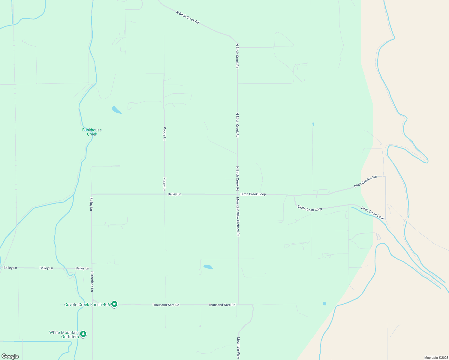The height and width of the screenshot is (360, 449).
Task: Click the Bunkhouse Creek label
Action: click(x=92, y=132)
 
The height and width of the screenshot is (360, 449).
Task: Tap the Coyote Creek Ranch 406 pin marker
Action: click(x=114, y=304)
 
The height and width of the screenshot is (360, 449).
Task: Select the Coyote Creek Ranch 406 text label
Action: click(x=87, y=305)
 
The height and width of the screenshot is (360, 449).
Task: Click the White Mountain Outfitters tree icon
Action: click(x=83, y=334)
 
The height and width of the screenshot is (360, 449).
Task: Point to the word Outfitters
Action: click(x=70, y=337)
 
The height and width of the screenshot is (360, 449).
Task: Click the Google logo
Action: click(x=10, y=356)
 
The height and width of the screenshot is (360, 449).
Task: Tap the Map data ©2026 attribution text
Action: click(x=436, y=358)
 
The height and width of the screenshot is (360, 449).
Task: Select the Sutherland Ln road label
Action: click(x=92, y=282)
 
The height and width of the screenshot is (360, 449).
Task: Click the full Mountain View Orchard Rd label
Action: click(x=238, y=217)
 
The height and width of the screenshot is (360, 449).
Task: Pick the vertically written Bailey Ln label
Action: click(x=91, y=204)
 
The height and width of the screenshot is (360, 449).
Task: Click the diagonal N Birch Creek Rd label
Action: click(x=188, y=17)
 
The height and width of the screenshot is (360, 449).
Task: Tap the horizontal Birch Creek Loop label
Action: click(x=253, y=194)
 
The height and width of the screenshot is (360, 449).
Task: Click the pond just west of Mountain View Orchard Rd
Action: click(x=208, y=267)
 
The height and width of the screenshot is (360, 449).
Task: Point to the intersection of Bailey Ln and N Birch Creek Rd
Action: click(x=238, y=194)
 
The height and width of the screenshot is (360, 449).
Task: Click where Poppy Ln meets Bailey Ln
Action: click(x=164, y=194)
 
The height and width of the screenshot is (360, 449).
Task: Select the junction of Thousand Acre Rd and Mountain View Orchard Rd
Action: click(x=238, y=304)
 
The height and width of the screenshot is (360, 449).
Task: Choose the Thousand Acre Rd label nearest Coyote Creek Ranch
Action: click(x=165, y=305)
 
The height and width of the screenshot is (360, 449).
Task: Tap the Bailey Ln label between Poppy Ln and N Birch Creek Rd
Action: click(x=174, y=194)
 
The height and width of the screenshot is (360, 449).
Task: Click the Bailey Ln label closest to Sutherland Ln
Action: click(x=82, y=268)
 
